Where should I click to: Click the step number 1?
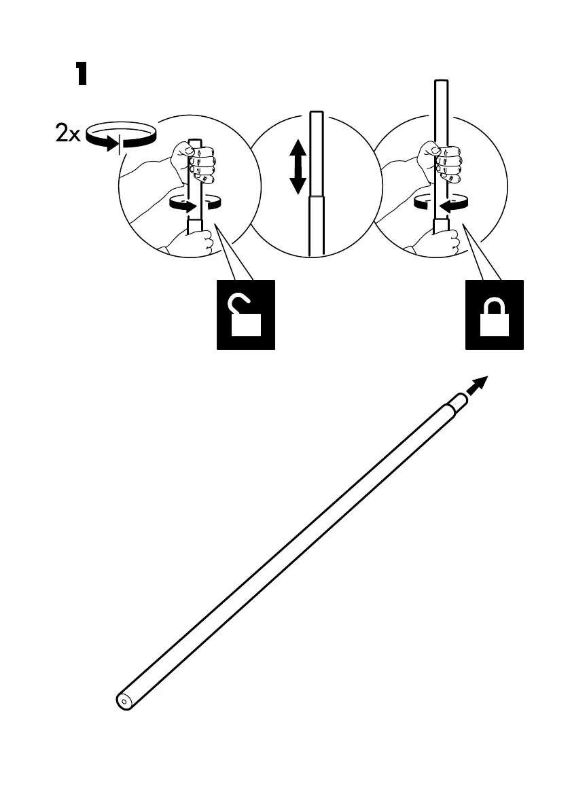click(81, 74)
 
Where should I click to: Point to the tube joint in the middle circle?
click(316, 196)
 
